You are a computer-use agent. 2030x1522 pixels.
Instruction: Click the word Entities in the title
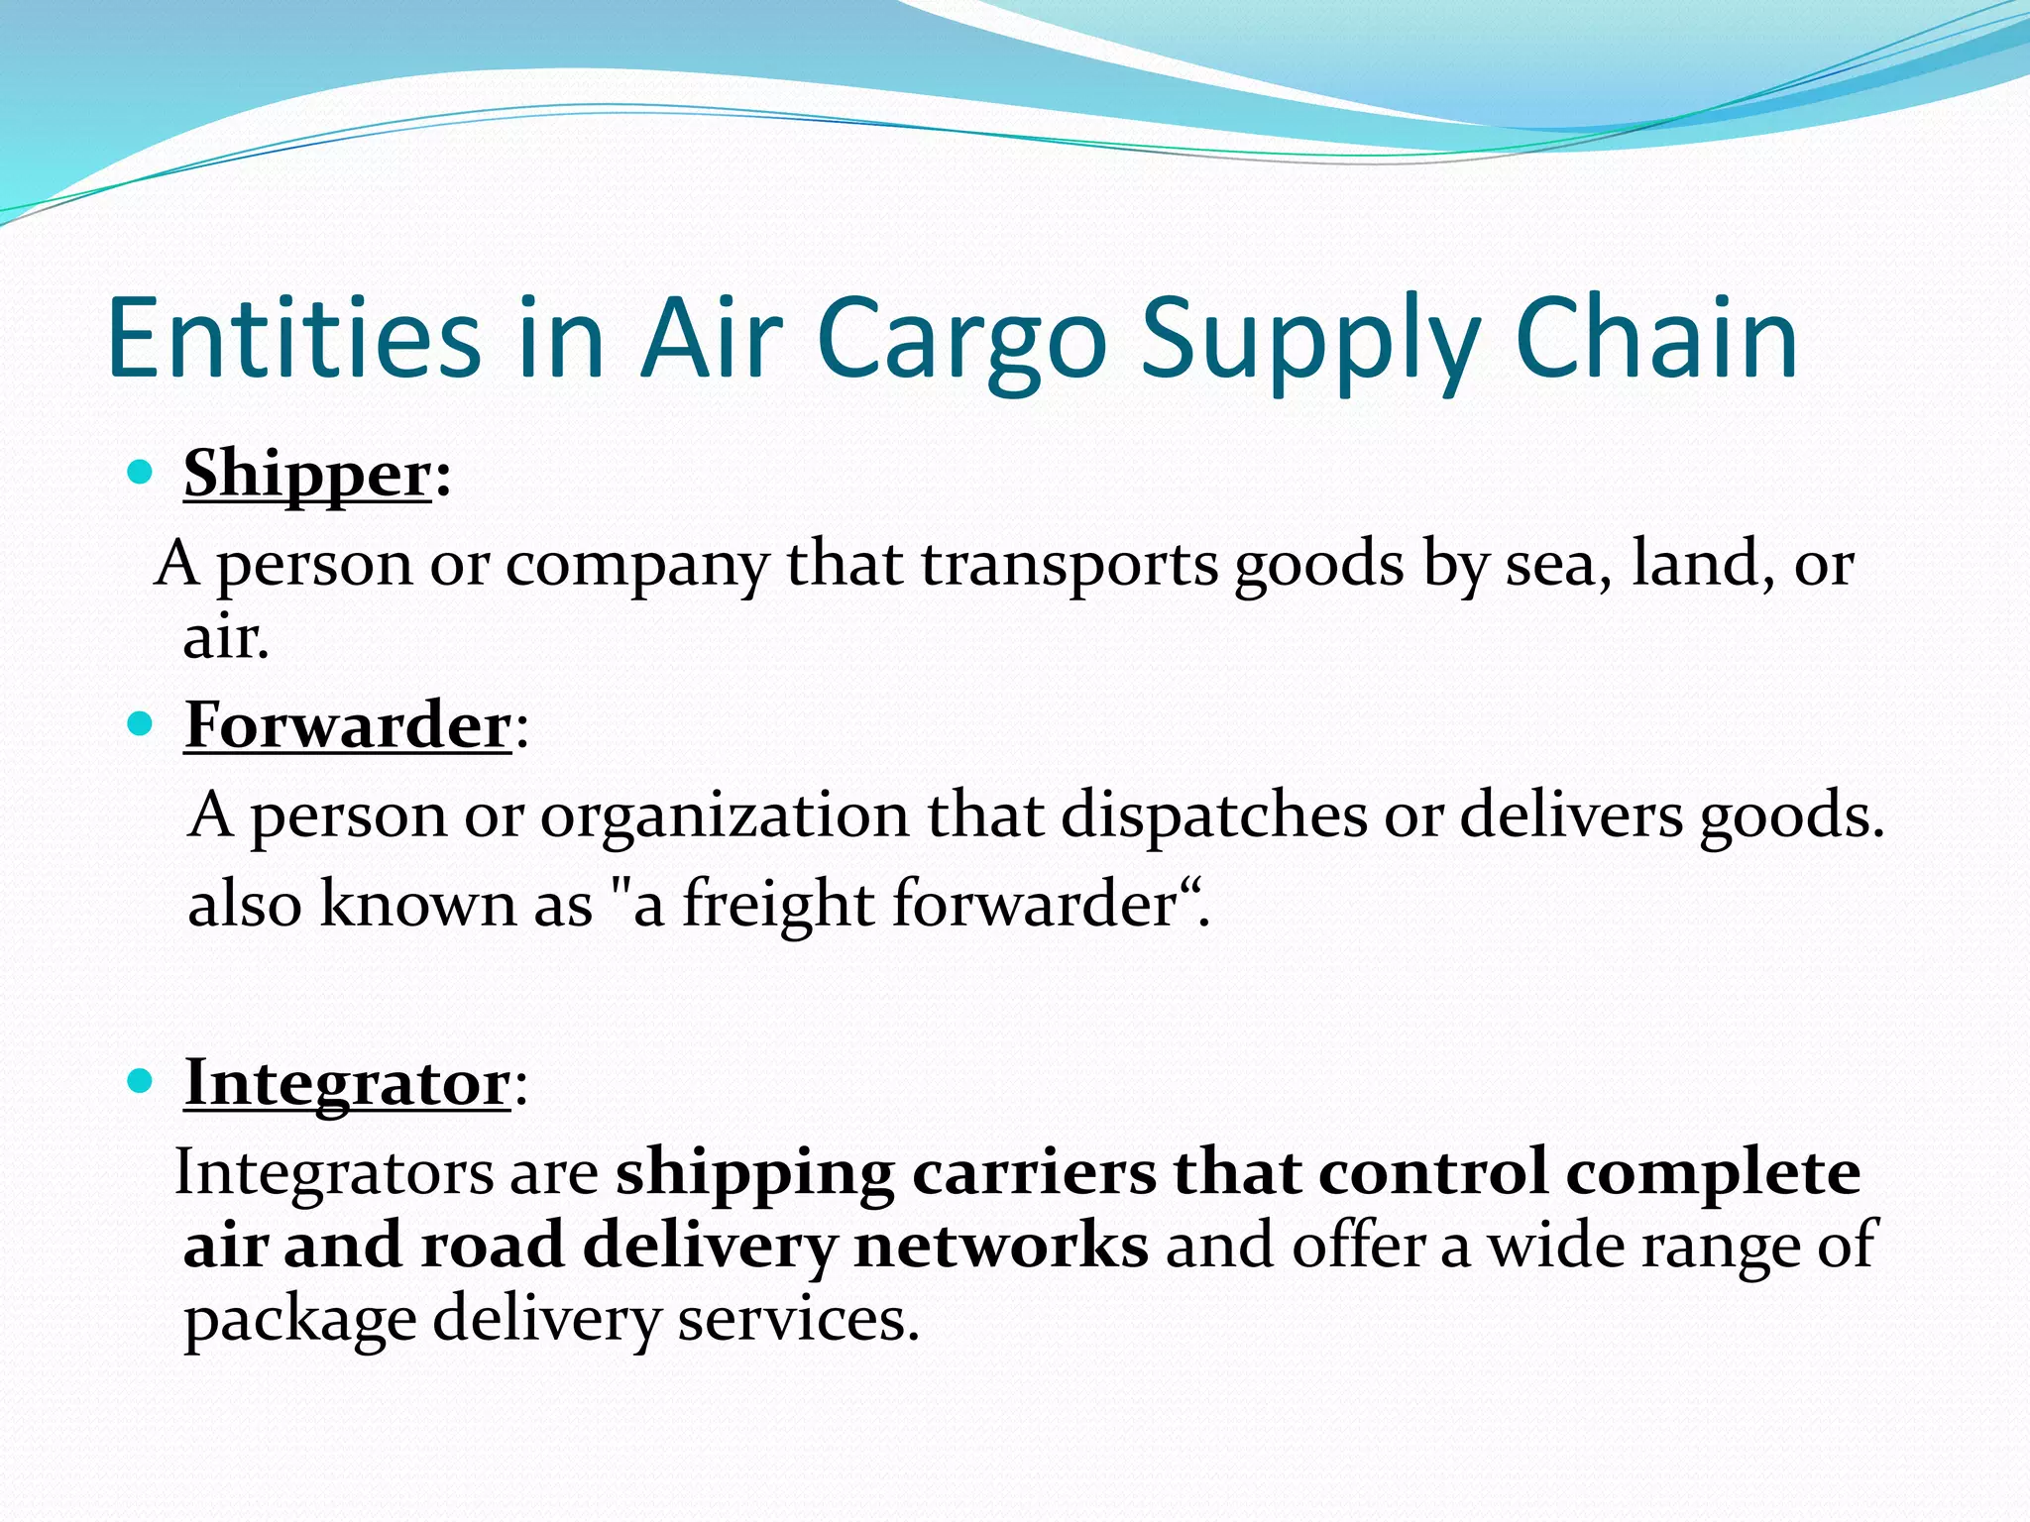click(293, 339)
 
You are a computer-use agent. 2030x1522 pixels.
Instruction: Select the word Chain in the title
click(1656, 339)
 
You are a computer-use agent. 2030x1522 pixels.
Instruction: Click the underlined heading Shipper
click(307, 474)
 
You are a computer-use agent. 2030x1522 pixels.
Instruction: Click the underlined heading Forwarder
click(348, 725)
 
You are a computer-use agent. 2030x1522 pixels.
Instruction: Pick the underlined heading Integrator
click(347, 1082)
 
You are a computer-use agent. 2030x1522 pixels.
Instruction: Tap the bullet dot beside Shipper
click(141, 472)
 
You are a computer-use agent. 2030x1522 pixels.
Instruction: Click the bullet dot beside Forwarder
click(141, 724)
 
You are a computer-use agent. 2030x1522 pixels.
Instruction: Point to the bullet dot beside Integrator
click(141, 1081)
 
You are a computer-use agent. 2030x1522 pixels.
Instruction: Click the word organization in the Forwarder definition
click(724, 815)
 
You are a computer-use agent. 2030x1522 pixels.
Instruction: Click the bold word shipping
click(754, 1173)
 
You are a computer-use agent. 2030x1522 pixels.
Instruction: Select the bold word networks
click(1001, 1246)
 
